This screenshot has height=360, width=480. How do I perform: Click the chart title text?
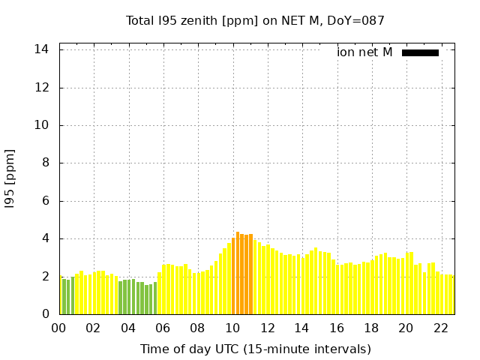pos(255,21)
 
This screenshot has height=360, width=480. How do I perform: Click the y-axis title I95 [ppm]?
pos(10,178)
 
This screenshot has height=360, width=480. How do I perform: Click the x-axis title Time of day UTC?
pos(255,349)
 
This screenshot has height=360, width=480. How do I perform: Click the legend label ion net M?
pos(364,52)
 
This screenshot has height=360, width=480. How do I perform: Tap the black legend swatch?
pos(420,52)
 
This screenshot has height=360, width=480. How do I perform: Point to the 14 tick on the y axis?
pos(42,49)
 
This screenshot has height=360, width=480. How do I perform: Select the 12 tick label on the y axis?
pos(42,88)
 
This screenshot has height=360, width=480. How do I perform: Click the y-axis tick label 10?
pos(42,125)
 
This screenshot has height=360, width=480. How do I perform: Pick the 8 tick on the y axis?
pos(46,163)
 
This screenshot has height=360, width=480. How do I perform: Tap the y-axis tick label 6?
pos(46,201)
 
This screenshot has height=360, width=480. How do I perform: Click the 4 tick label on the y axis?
pos(46,238)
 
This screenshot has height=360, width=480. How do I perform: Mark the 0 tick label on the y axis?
pos(46,314)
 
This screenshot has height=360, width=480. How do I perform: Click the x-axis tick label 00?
pos(59,328)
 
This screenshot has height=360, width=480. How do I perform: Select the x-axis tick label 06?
pos(163,328)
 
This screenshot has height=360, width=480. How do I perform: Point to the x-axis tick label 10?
pos(232,328)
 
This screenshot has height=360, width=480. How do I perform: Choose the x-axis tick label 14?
pos(301,328)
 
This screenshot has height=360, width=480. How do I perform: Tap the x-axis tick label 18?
pos(370,328)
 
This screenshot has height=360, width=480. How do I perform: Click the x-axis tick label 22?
pos(440,328)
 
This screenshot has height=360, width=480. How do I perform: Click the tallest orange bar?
pos(238,274)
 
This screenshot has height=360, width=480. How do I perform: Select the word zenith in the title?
pos(215,21)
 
